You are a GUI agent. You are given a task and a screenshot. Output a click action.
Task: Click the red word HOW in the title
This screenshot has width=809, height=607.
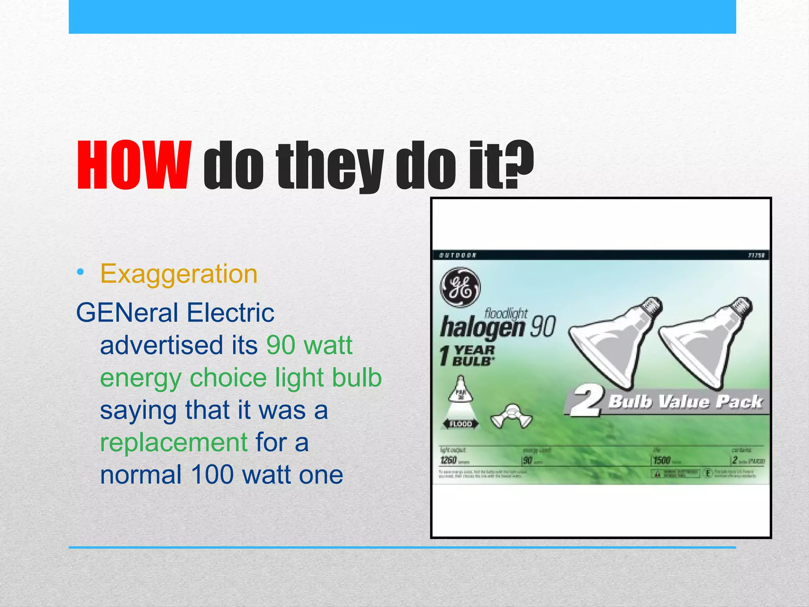pos(134,165)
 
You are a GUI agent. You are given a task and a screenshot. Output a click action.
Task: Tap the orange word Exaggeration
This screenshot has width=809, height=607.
pos(179,274)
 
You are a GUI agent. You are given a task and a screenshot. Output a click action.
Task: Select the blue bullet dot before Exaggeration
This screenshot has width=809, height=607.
pos(81,272)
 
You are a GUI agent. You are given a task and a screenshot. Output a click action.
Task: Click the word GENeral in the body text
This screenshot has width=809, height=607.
pos(127,313)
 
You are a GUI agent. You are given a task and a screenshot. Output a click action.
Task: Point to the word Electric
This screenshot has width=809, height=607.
pos(230,313)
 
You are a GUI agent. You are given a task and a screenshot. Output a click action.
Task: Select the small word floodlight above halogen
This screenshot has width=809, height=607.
pos(506,314)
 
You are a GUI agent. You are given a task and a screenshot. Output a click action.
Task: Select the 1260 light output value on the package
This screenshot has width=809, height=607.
pos(448,460)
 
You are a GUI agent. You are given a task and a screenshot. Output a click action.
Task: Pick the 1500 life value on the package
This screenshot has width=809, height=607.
pos(662,460)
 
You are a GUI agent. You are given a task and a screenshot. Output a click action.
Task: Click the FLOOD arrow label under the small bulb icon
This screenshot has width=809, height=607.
pos(461,424)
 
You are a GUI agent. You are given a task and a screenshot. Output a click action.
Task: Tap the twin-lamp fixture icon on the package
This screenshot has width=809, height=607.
pos(511,416)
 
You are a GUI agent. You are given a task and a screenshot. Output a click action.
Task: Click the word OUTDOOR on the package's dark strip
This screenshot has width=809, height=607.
pos(458,255)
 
